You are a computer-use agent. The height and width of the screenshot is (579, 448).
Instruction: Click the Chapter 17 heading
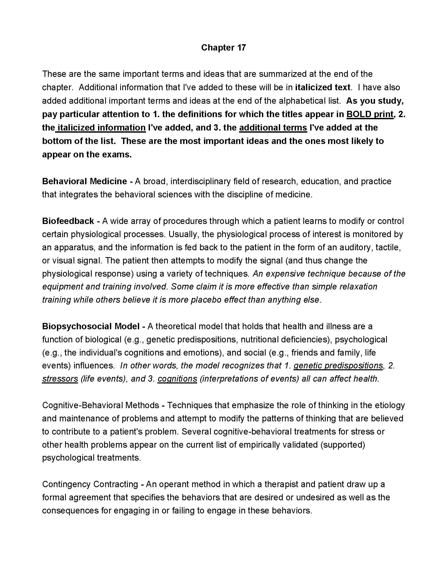(x=223, y=48)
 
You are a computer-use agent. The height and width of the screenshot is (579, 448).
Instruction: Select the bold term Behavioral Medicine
(x=84, y=181)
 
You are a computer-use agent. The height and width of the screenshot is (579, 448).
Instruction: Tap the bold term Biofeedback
(x=68, y=221)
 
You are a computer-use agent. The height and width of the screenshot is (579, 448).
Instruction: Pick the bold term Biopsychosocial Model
(x=91, y=326)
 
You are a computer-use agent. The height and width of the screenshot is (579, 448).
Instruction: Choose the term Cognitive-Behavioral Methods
(x=101, y=405)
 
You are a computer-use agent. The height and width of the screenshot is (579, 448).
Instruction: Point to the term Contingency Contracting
(x=90, y=484)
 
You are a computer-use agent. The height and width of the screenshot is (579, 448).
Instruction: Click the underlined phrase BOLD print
(x=370, y=114)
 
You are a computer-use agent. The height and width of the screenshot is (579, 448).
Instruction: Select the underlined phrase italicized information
(x=101, y=128)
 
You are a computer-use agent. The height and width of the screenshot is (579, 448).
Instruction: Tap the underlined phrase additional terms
(x=273, y=128)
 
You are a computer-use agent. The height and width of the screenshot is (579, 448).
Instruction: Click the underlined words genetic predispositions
(x=338, y=366)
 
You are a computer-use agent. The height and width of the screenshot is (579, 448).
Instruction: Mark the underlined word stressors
(x=60, y=379)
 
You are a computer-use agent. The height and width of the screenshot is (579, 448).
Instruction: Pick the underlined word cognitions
(x=177, y=379)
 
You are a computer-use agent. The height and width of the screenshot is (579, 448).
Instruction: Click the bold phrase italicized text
(x=323, y=87)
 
